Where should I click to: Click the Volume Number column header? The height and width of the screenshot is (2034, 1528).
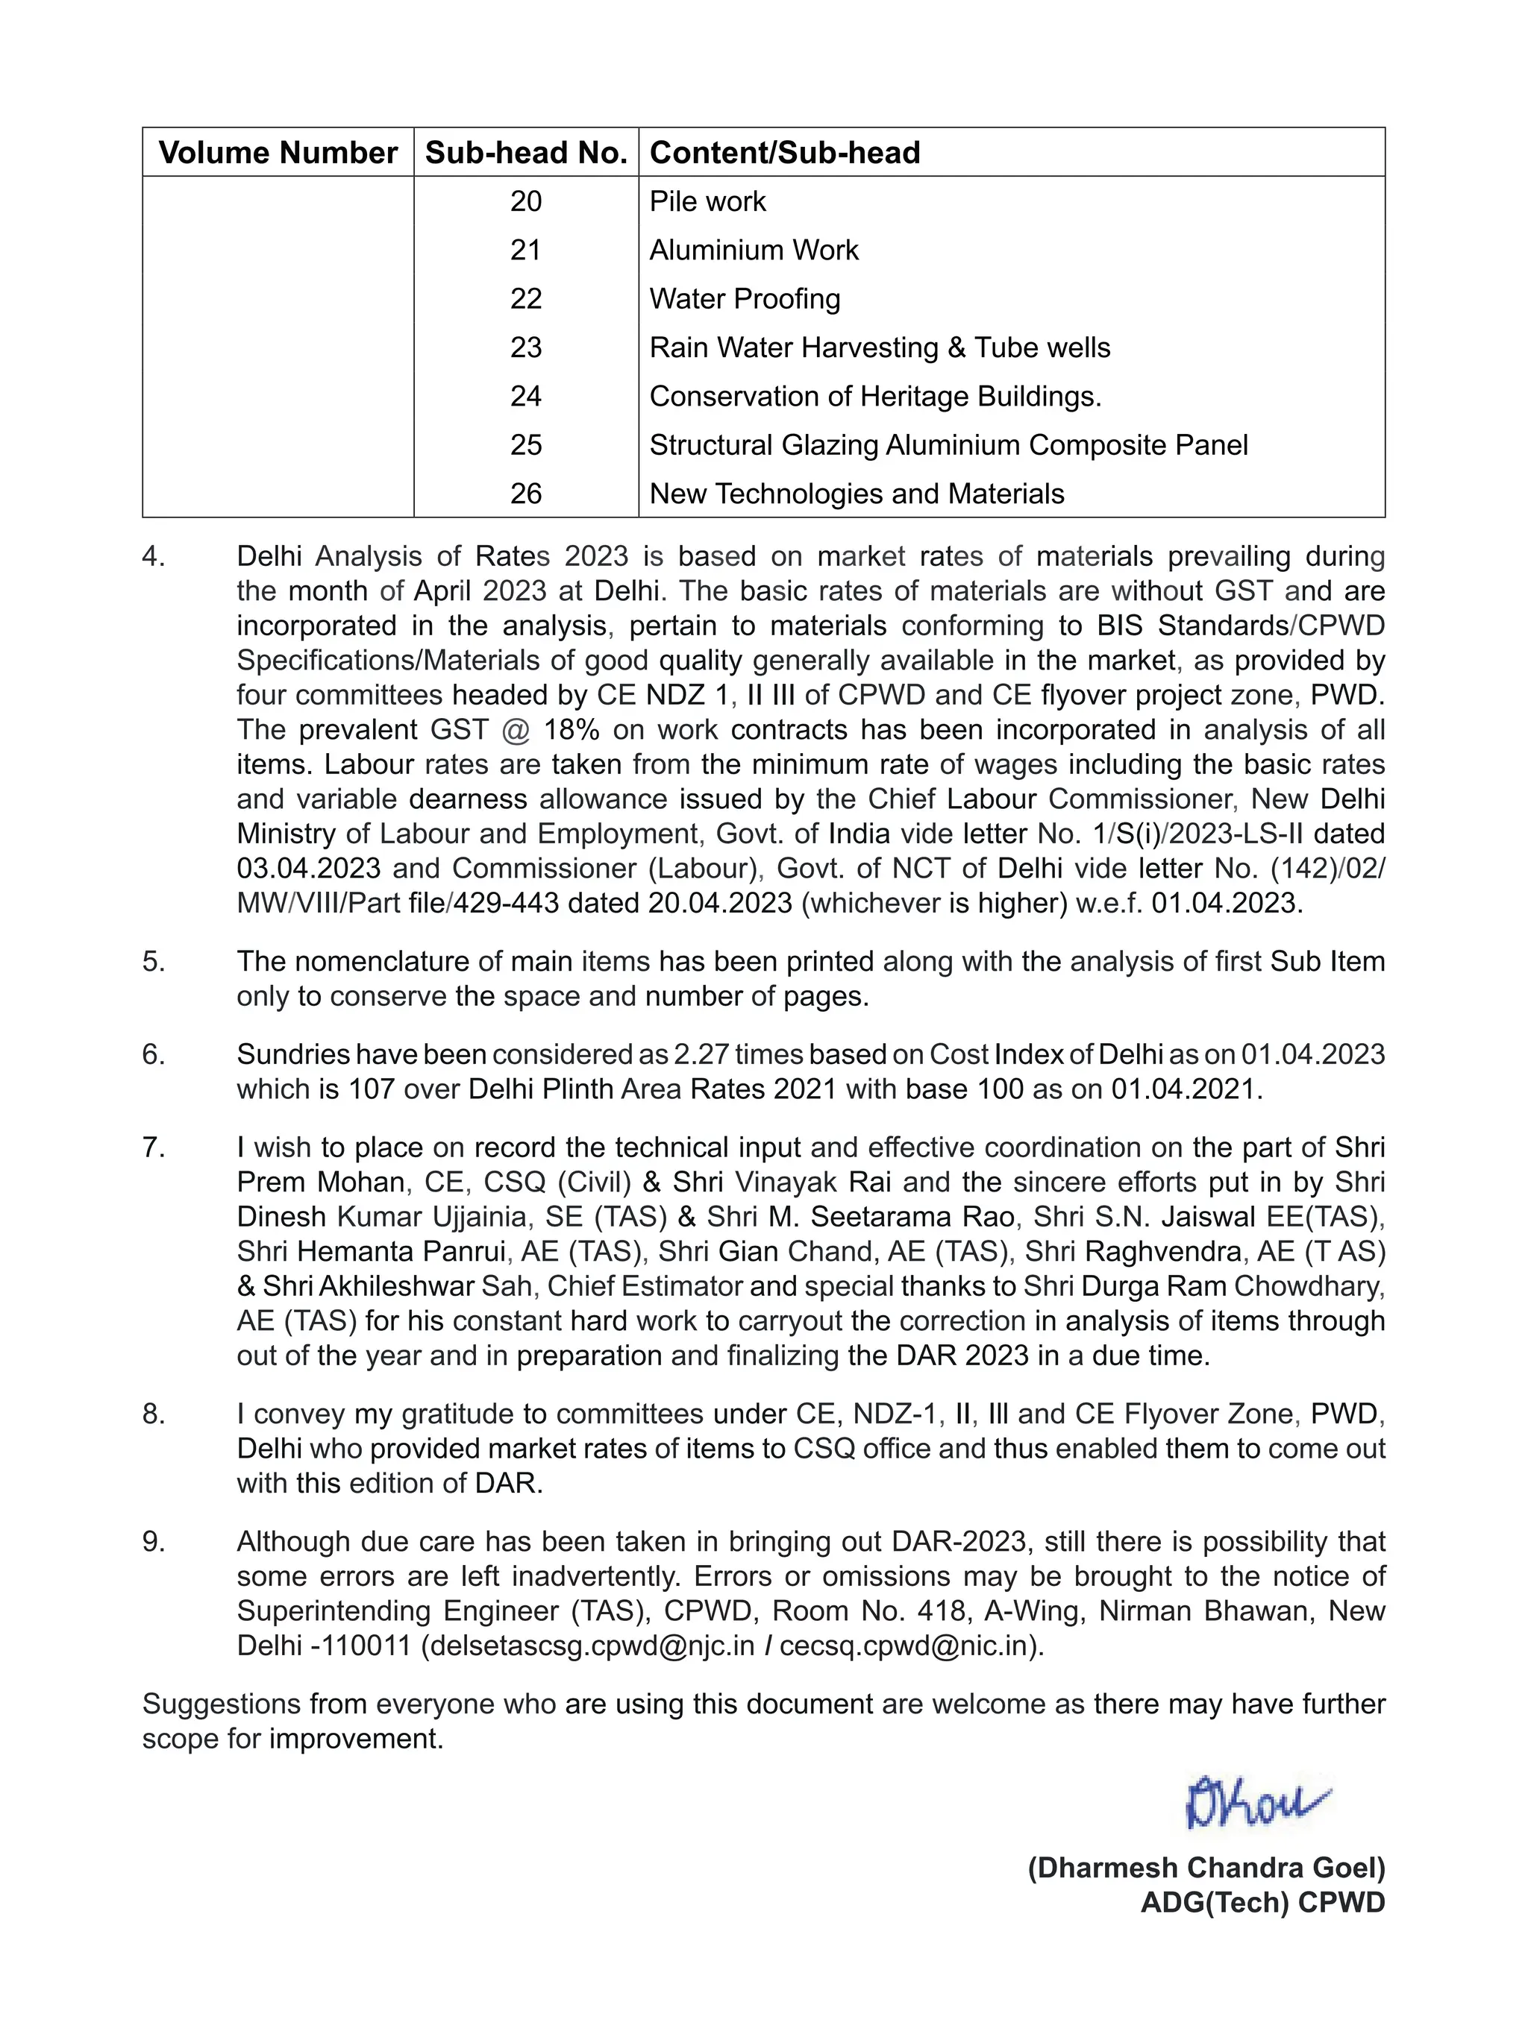[278, 153]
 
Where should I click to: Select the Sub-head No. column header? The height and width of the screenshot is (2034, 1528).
[526, 153]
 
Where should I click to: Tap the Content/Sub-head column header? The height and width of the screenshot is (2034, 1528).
[785, 153]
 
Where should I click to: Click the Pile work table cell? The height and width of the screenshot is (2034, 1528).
[707, 201]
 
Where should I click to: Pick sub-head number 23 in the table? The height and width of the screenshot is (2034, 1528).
[526, 347]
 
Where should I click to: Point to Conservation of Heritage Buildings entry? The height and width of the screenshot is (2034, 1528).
[875, 397]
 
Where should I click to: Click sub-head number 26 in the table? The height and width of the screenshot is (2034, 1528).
[526, 494]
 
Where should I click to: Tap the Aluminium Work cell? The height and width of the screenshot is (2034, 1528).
[754, 250]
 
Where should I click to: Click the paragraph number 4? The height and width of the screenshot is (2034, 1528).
[154, 556]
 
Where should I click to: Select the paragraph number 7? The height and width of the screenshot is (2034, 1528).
[154, 1147]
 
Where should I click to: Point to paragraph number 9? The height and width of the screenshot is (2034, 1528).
[154, 1542]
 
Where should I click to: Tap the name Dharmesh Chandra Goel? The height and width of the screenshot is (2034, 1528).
[1206, 1868]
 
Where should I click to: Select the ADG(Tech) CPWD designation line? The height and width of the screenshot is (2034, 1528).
[1262, 1903]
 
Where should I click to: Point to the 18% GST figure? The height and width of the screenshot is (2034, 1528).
[572, 730]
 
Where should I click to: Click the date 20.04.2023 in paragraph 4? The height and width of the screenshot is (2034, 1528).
[720, 903]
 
